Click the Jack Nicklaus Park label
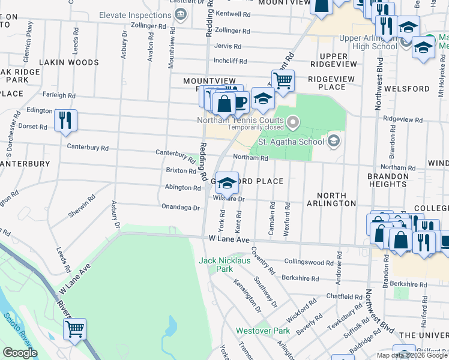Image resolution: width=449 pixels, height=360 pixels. click(224, 265)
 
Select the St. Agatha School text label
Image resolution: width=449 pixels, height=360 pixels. click(290, 142)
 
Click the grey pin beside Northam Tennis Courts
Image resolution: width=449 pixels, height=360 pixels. click(293, 122)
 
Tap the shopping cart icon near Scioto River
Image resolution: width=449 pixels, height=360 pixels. click(74, 329)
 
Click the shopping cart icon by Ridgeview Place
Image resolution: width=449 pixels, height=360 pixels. click(283, 80)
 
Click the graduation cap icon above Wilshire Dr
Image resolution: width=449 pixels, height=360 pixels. click(227, 183)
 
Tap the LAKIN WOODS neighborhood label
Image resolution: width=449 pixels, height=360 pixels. click(68, 62)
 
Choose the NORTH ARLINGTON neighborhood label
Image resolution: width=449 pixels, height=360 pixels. click(331, 199)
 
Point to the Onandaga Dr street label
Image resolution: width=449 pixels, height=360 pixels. click(180, 207)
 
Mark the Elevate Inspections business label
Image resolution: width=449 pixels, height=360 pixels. click(134, 15)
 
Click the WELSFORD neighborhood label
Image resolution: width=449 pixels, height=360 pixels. click(409, 89)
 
